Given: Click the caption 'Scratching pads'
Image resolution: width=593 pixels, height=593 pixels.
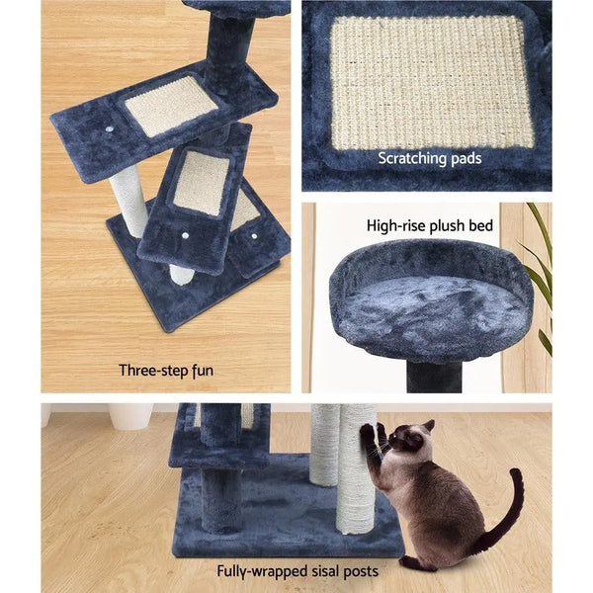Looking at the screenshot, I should point(426,158).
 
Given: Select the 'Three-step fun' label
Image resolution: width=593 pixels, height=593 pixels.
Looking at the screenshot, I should point(164,371).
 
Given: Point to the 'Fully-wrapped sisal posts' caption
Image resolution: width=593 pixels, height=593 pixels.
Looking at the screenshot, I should point(297,570).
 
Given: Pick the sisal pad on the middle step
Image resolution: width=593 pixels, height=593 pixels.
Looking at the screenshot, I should point(202,183).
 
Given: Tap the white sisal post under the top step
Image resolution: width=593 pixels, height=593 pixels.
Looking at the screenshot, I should point(129,203).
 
